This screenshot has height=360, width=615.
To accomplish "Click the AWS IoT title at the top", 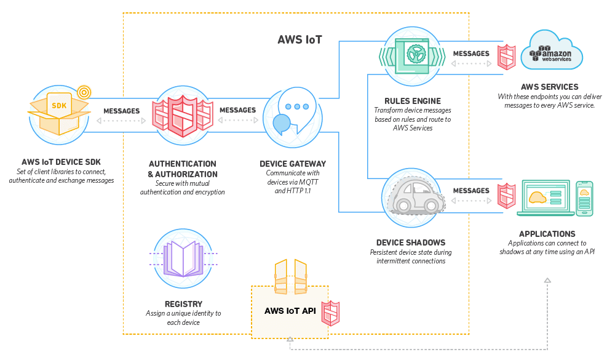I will (x=300, y=40).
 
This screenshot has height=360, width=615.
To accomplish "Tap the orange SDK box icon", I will (x=58, y=111).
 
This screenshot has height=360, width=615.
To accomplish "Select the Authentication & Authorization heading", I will (x=182, y=169).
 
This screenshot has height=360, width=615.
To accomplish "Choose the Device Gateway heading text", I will (x=293, y=164).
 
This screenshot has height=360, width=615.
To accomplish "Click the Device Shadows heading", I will (x=411, y=242).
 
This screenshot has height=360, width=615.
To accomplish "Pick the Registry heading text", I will (x=183, y=304).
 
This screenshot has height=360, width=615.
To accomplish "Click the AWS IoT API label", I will (x=290, y=311).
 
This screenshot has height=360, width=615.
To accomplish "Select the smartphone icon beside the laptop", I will (x=584, y=198).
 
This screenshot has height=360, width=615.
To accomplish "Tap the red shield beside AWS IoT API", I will (x=332, y=313).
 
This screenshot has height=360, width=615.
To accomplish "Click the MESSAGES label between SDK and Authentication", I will (x=121, y=111).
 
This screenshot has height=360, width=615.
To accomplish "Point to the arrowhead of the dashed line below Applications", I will (x=547, y=281).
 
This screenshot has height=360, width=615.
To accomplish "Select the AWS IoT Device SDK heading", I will (x=61, y=162).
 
